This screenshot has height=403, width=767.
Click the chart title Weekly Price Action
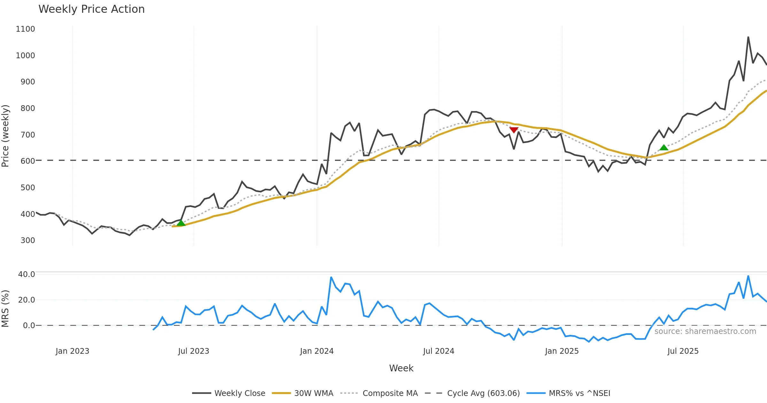tap(91, 9)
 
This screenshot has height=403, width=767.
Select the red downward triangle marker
tap(514, 130)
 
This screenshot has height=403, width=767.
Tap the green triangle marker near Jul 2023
tap(181, 223)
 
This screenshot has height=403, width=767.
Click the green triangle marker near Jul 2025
tap(664, 147)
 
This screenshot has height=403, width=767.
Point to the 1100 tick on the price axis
tap(25, 29)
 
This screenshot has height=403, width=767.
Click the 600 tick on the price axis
tap(27, 161)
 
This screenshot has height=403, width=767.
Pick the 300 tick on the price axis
tap(27, 241)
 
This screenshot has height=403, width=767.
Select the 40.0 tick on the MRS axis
tap(27, 274)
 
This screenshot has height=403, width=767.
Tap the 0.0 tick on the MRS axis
tap(29, 326)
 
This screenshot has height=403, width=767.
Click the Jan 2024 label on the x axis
tap(317, 351)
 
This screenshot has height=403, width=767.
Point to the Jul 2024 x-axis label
tap(438, 351)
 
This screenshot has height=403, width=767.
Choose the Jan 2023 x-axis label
tap(72, 351)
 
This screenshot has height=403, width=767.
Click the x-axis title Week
tap(401, 368)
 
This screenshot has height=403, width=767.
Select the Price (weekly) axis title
tap(5, 136)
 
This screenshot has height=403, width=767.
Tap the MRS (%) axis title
tap(5, 309)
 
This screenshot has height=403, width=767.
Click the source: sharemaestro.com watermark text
tap(705, 331)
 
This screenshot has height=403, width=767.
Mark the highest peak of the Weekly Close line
tap(748, 37)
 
